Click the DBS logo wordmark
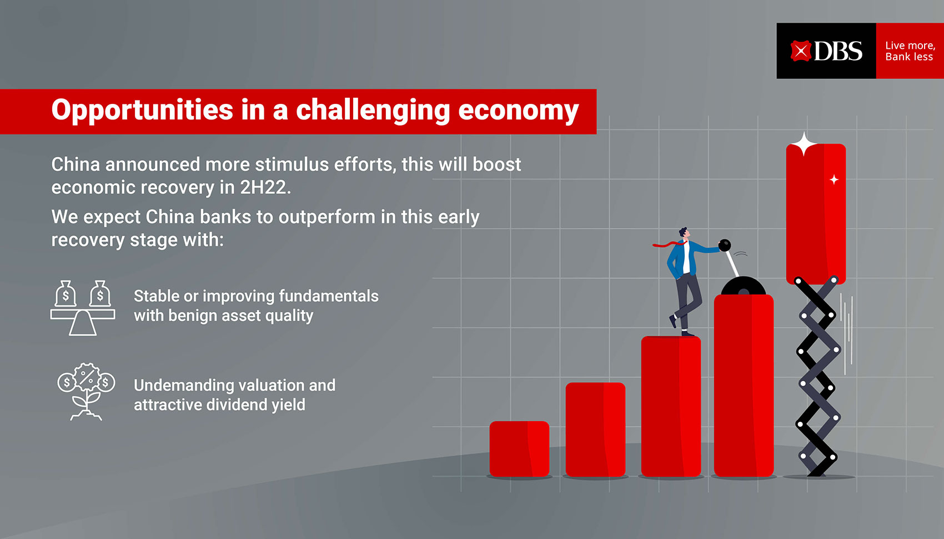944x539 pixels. [838, 51]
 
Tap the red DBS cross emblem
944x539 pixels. [801, 51]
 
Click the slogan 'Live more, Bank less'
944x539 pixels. [910, 51]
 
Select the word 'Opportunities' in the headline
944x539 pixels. [142, 111]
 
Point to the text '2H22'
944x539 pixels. [263, 187]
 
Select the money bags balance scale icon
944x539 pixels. [83, 308]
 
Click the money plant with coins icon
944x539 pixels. [87, 391]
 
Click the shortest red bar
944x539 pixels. [519, 449]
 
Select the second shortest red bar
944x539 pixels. [595, 430]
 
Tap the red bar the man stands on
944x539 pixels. [671, 407]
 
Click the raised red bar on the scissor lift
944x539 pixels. [816, 214]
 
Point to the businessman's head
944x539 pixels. [684, 233]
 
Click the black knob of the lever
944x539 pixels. [725, 245]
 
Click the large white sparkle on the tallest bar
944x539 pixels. [804, 143]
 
